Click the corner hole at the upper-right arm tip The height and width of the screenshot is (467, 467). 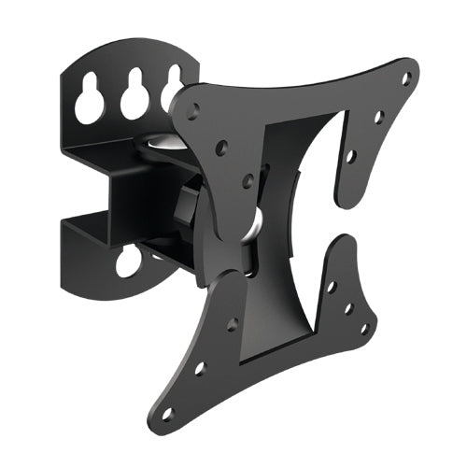coord(404,79)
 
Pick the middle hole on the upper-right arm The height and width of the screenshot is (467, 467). coord(378,118)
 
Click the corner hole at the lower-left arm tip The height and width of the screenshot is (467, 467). coord(168,412)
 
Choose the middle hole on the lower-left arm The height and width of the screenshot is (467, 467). coord(199,369)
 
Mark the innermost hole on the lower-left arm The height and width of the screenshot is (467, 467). coord(232,324)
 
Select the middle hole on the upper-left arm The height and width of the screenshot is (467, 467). coord(222,148)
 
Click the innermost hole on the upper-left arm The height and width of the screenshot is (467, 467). coord(248,180)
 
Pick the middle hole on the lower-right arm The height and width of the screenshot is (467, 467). coord(347,307)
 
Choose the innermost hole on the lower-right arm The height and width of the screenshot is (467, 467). coord(331,286)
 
